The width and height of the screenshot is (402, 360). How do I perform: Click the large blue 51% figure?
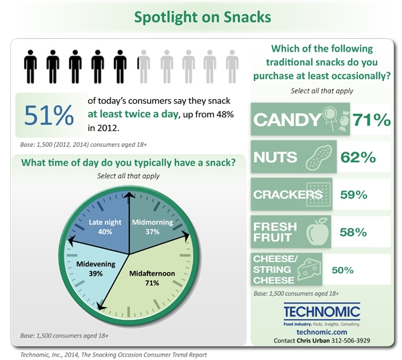click(x=49, y=115)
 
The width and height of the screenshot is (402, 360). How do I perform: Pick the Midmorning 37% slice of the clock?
click(x=154, y=226)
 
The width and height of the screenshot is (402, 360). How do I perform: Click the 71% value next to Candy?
click(x=371, y=119)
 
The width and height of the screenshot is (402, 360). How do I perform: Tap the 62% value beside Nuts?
click(x=358, y=157)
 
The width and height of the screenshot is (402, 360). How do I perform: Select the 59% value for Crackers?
click(x=354, y=195)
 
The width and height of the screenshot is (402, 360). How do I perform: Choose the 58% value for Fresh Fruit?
click(x=353, y=232)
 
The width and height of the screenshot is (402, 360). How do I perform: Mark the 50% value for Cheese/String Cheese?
click(x=342, y=270)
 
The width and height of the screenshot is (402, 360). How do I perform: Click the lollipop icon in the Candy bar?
click(x=330, y=117)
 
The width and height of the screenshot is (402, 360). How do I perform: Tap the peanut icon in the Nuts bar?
click(x=319, y=157)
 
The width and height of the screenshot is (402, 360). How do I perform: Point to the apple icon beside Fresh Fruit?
click(x=318, y=232)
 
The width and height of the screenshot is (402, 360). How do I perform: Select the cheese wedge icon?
click(x=309, y=269)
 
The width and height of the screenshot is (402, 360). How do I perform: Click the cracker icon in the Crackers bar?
click(x=318, y=194)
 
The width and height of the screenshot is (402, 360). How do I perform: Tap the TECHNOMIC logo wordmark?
click(x=322, y=311)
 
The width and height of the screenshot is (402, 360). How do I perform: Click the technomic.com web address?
click(x=322, y=332)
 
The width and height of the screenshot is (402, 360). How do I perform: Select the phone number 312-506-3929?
click(x=350, y=341)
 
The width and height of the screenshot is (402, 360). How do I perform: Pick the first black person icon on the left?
click(x=30, y=67)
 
